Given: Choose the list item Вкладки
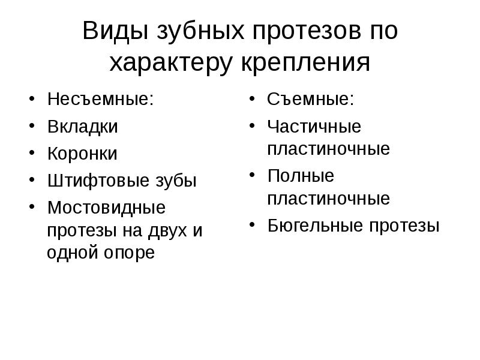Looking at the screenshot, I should [82, 127].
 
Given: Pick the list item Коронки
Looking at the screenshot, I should [82, 154].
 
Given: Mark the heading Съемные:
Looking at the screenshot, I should [310, 99].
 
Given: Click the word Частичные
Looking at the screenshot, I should [314, 127].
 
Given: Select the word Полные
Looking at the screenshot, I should [301, 176].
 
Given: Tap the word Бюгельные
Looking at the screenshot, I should [311, 226].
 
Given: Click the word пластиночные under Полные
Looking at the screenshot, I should [328, 199].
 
